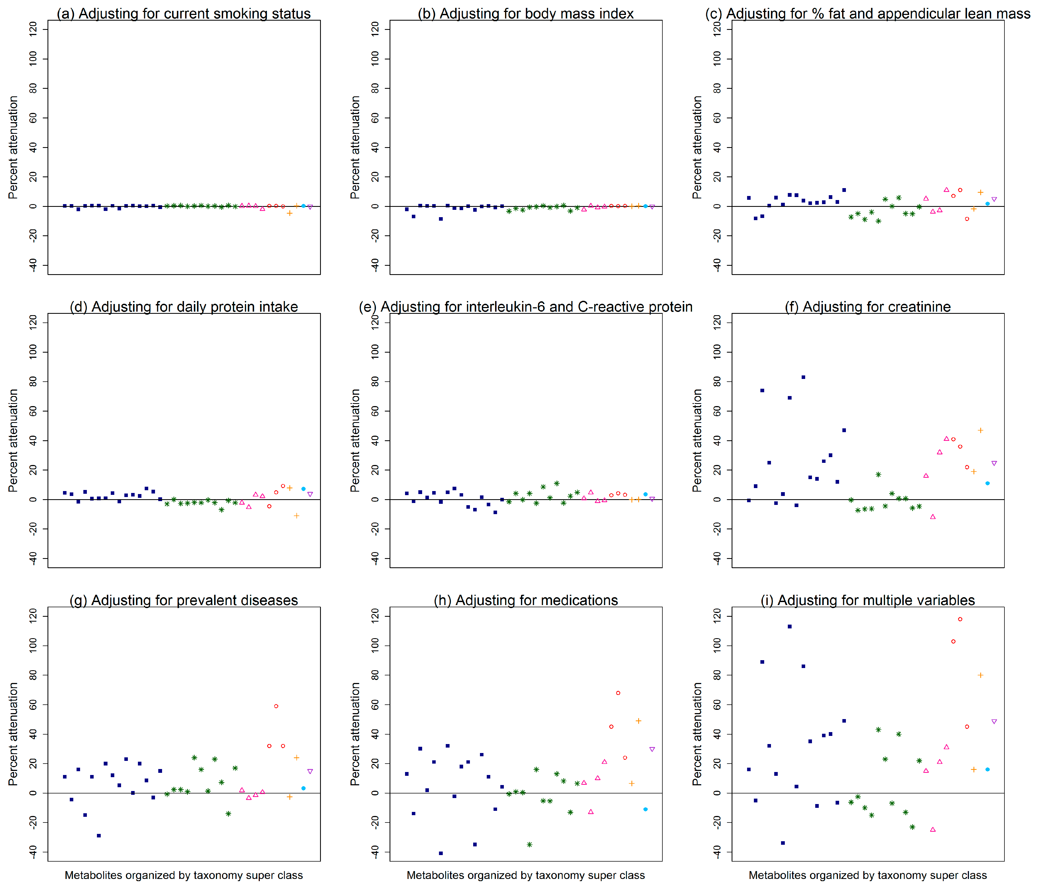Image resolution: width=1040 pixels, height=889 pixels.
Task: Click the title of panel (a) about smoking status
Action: click(184, 14)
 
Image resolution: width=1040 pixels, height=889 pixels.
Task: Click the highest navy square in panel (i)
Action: click(789, 627)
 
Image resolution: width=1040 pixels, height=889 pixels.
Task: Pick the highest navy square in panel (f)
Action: click(803, 377)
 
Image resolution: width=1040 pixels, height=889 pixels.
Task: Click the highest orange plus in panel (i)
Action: click(980, 675)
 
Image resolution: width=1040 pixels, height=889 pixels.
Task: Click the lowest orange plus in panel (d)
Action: click(297, 515)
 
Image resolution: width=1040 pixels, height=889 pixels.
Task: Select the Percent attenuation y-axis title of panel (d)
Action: click(14, 440)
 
